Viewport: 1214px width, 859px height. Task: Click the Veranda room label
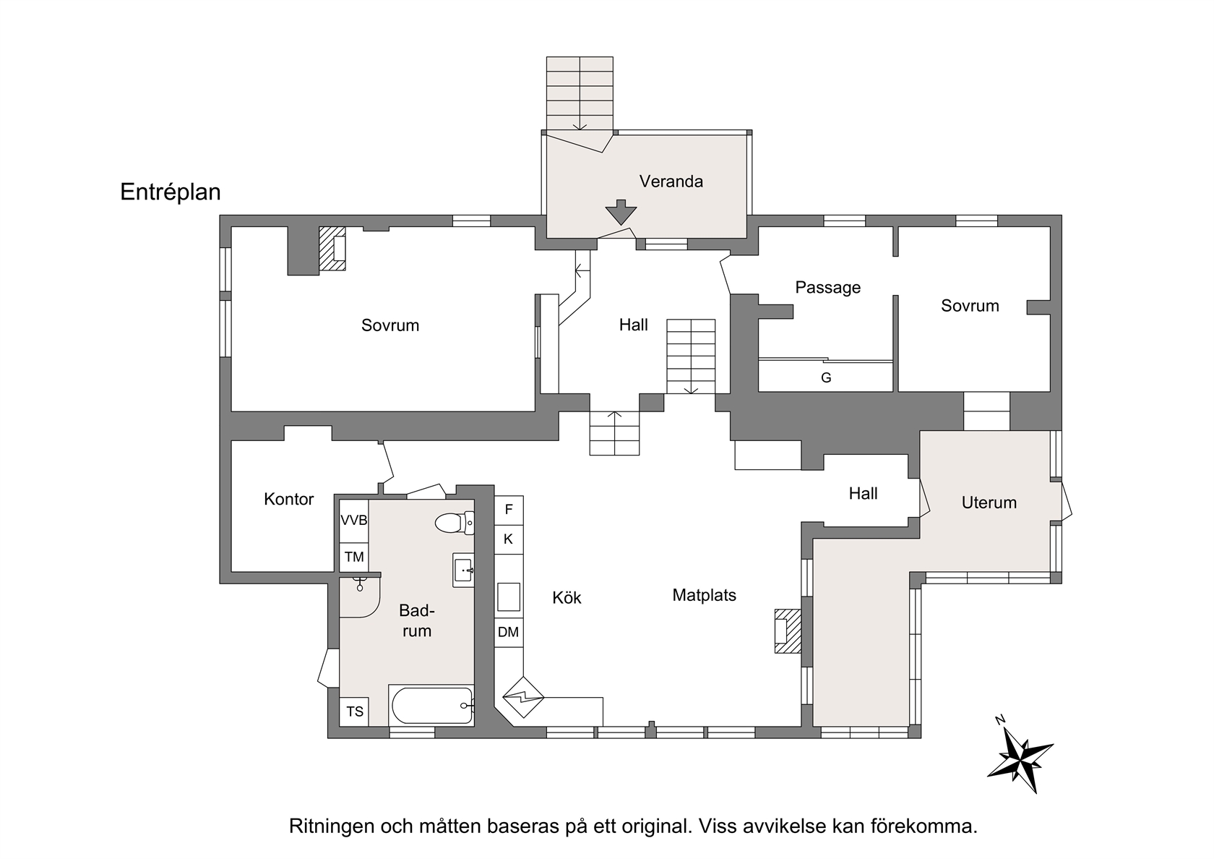coord(671,181)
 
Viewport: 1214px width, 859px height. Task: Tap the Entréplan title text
coord(171,192)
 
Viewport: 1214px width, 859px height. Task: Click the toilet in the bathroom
coord(455,523)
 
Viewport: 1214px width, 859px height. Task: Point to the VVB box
coord(354,521)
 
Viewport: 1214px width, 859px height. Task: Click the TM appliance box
coord(354,557)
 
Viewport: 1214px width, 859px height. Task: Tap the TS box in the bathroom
coord(354,711)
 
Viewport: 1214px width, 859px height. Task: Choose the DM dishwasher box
coord(509,632)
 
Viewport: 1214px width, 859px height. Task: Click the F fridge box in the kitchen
coord(509,510)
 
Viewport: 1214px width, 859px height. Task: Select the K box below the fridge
coord(509,539)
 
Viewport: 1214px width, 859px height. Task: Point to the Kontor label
coord(289,499)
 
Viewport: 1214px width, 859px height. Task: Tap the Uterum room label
coord(989,503)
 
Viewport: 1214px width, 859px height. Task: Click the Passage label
coord(827,288)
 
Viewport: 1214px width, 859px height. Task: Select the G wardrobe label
coord(826,377)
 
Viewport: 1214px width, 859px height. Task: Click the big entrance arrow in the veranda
coord(621,212)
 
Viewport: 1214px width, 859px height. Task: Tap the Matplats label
coord(704,596)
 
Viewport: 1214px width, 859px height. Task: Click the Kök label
coord(567,597)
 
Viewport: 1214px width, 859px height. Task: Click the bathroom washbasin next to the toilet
coord(463,570)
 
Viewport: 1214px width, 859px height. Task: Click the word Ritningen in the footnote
coord(332,826)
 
